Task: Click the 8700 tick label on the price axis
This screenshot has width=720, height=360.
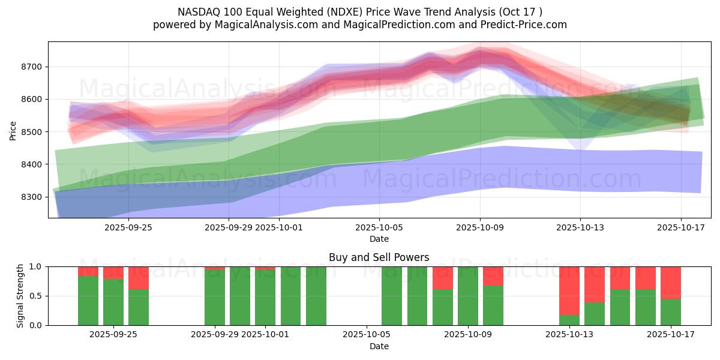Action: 31,67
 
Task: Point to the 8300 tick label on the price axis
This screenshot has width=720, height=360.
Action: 31,197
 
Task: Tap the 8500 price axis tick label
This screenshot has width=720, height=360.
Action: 31,132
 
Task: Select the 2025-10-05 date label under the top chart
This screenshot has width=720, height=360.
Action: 379,227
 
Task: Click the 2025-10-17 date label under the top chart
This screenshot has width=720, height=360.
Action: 680,227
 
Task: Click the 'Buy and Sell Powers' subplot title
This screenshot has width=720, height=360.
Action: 379,257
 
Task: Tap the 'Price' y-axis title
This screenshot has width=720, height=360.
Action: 13,130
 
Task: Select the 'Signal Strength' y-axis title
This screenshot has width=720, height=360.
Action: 20,296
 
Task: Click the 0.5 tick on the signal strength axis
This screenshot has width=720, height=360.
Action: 35,296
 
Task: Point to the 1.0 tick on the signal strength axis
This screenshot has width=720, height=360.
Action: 35,266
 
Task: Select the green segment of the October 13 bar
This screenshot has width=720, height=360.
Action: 569,320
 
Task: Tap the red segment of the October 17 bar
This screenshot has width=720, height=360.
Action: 671,282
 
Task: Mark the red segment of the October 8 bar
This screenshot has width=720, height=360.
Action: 443,278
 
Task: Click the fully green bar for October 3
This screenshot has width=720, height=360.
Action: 316,296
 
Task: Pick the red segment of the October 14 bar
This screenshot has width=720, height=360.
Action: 595,284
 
